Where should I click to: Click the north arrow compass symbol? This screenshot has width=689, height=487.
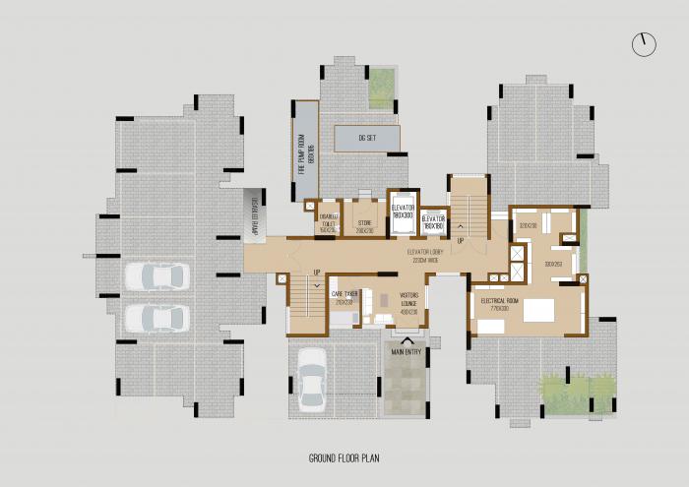pos(644,44)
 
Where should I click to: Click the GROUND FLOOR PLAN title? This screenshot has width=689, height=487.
pos(344,458)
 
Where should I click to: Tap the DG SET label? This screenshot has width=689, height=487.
pos(367,139)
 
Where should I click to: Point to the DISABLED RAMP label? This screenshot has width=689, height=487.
pos(254,214)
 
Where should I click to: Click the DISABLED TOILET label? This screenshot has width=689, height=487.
pos(328,222)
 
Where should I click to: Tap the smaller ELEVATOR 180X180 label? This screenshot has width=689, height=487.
pos(434,221)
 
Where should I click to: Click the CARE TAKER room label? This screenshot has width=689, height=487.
pos(344,297)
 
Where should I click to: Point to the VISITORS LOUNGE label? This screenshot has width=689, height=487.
pos(409,302)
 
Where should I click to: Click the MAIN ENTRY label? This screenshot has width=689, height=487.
pos(407,348)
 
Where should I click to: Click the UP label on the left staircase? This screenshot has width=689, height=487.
pos(317,273)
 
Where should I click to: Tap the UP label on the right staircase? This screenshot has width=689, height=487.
pos(461,239)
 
